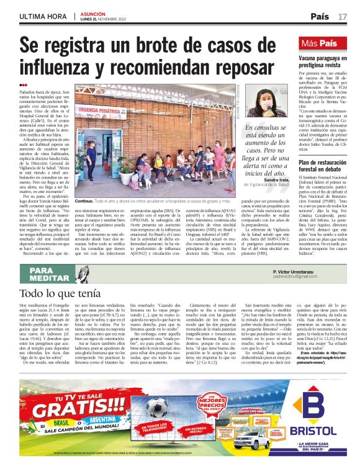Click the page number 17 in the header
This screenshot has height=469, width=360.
(x=342, y=16)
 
